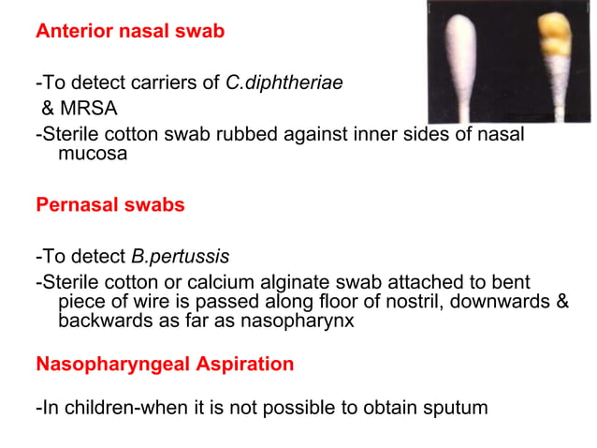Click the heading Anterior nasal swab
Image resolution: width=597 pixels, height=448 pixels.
pyautogui.click(x=130, y=31)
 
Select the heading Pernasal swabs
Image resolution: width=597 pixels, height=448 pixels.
pyautogui.click(x=110, y=204)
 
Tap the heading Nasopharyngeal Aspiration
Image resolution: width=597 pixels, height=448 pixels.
pyautogui.click(x=165, y=364)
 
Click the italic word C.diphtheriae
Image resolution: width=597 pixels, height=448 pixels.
pyautogui.click(x=284, y=82)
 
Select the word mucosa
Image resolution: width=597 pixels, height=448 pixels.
pyautogui.click(x=93, y=155)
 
